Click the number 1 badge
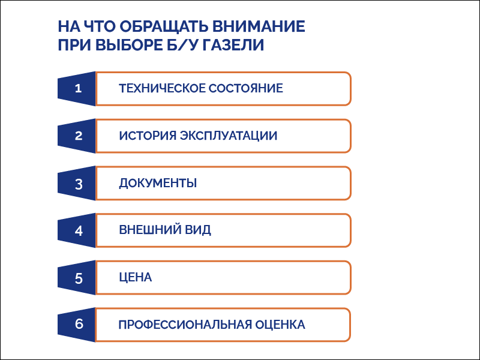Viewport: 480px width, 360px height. coord(77,89)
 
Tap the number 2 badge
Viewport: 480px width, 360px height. coord(77,136)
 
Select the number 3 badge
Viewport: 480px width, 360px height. coord(77,184)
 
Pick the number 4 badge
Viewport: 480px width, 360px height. coord(77,230)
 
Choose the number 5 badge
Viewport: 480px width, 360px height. coord(77,278)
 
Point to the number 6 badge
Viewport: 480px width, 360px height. coord(77,325)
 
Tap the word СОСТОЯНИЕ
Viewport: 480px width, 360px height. coord(245,89)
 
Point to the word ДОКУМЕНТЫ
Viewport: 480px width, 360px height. coord(158,184)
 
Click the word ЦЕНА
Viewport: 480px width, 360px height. coord(135,278)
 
